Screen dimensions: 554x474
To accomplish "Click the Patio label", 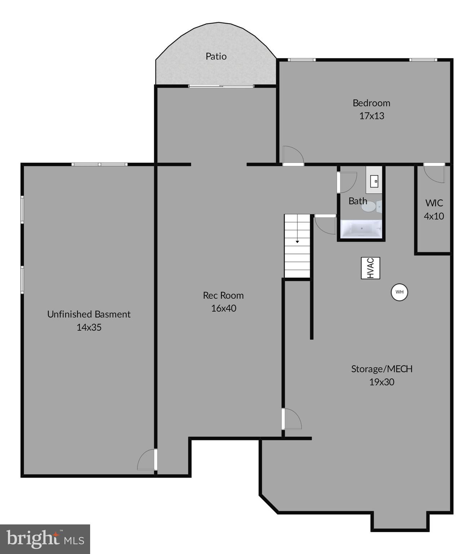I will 216,56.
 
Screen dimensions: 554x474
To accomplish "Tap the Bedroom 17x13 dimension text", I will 372,116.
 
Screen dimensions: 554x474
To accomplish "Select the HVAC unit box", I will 371,268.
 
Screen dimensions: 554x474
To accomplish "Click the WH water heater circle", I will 399,292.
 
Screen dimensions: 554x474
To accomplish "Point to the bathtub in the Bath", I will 361,229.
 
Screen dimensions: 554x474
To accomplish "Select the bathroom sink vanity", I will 374,180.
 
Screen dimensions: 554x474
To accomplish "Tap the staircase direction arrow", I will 297,241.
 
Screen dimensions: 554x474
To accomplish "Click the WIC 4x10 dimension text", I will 434,216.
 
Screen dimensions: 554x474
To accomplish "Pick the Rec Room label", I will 223,295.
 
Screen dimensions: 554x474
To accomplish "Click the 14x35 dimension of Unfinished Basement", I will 89,327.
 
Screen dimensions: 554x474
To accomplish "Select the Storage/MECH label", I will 382,369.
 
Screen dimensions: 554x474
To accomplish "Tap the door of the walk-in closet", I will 434,173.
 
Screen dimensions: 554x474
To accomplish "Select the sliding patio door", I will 221,86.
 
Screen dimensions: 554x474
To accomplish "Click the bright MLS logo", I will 45,539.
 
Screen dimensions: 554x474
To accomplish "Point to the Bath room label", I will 358,201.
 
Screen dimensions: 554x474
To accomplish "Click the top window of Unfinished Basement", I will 99,164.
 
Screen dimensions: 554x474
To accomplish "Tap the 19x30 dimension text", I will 382,382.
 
